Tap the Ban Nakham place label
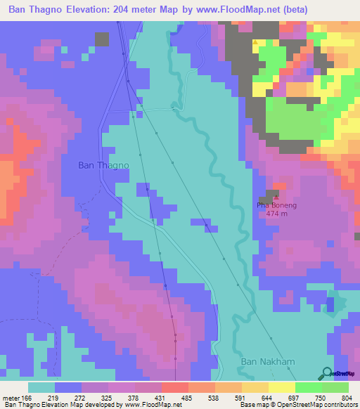(266, 361)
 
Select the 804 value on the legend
(347, 398)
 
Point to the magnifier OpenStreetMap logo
(326, 373)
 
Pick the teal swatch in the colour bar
(41, 387)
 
